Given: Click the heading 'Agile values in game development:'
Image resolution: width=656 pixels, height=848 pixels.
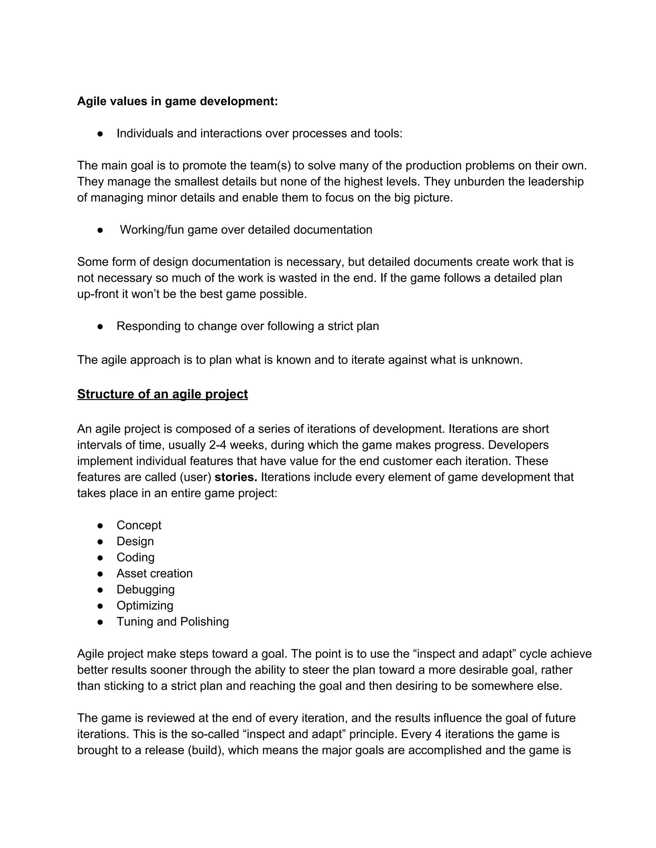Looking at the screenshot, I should coord(177,101).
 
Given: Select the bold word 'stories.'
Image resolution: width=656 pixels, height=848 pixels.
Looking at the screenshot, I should coord(235,477).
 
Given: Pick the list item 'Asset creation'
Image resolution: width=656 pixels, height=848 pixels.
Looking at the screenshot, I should coord(154,573).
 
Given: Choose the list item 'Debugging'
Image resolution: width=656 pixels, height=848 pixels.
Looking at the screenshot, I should coord(145,589).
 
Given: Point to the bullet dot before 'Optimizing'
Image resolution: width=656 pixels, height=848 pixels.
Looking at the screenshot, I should coord(100,606).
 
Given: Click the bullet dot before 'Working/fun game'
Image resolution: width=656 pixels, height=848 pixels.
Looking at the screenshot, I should coord(100,230).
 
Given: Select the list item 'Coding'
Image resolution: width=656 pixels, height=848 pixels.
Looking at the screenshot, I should coord(135,557).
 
